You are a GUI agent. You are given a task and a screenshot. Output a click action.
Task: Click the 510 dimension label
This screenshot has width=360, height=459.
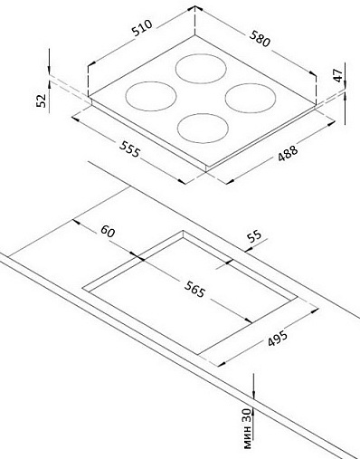pyautogui.click(x=142, y=28)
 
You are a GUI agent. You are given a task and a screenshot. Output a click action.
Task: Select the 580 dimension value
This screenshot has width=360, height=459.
pyautogui.click(x=260, y=38)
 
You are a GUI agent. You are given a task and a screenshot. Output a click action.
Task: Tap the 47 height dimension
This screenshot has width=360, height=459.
pyautogui.click(x=338, y=75)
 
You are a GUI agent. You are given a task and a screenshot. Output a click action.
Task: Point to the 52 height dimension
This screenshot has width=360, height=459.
pyautogui.click(x=41, y=100)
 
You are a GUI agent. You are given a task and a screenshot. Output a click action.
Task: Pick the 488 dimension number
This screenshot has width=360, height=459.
pyautogui.click(x=288, y=153)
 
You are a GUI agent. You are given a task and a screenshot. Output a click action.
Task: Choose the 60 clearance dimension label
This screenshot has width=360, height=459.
pyautogui.click(x=108, y=231)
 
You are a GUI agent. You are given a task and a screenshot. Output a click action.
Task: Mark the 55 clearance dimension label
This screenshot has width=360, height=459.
pyautogui.click(x=254, y=236)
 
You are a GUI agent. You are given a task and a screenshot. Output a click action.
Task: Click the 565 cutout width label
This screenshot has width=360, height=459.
pyautogui.click(x=194, y=289)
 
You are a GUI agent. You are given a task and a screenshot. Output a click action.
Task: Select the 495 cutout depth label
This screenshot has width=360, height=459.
pyautogui.click(x=277, y=339)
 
